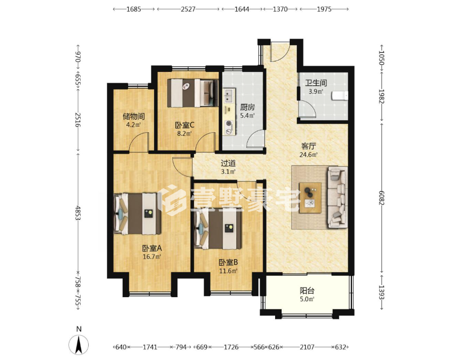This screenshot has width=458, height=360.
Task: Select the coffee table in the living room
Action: (x=310, y=198)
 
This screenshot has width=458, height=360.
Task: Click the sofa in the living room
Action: (x=337, y=197)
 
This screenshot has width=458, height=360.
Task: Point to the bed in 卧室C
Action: (x=193, y=93)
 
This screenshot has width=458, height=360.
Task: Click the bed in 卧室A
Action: (x=137, y=213)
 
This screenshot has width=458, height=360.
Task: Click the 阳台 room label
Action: (x=307, y=291)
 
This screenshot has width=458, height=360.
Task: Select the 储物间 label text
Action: (x=134, y=117)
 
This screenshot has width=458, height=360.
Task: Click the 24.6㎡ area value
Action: (x=309, y=155)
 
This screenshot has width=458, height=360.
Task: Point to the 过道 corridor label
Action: (x=228, y=163)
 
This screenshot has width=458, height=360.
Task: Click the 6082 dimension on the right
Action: (x=381, y=198)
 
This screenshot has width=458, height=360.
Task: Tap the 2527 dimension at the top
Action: (x=188, y=9)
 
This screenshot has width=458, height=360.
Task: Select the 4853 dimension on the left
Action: (x=78, y=213)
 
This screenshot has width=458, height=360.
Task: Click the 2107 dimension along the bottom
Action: (x=307, y=347)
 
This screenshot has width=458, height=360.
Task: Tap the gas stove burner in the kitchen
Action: (x=228, y=124)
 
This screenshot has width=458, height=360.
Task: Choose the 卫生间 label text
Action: (x=316, y=83)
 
